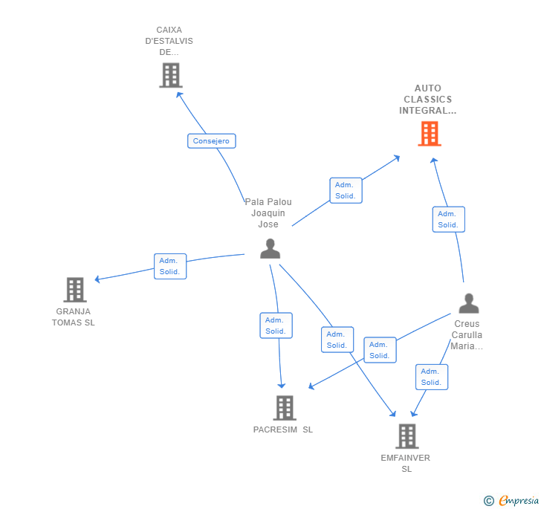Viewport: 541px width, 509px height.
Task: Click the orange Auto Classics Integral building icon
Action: pos(429,134)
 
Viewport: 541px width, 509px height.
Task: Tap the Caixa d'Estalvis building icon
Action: pos(170,75)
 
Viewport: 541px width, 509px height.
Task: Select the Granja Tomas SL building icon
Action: pos(74,289)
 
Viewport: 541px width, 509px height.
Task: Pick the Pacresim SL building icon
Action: pos(284,407)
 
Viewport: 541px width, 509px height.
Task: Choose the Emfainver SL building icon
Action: pos(406,436)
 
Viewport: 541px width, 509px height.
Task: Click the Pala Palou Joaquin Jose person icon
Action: pos(270,249)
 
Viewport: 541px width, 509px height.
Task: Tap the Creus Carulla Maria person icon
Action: pos(468,303)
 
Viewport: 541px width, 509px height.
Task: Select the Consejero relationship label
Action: pos(211,141)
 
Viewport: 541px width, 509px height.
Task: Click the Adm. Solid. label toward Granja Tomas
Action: pos(170,266)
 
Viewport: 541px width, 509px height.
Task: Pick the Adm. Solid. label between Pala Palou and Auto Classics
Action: pos(346,190)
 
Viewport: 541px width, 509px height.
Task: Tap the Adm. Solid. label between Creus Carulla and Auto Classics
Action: pos(448,219)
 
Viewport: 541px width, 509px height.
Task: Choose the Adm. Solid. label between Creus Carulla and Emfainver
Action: pos(431,377)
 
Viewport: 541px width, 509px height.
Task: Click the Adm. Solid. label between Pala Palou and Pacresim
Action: pos(276,325)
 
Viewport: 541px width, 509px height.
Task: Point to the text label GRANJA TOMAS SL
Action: pos(73,317)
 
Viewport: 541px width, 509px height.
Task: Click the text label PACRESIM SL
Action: pos(283,429)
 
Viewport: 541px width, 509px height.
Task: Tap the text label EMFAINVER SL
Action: pos(406,463)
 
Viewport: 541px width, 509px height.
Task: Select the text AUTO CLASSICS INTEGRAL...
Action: pos(428,100)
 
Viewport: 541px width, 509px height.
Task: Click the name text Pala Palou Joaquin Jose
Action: pos(268,213)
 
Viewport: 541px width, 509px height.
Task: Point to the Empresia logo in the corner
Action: pos(511,501)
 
